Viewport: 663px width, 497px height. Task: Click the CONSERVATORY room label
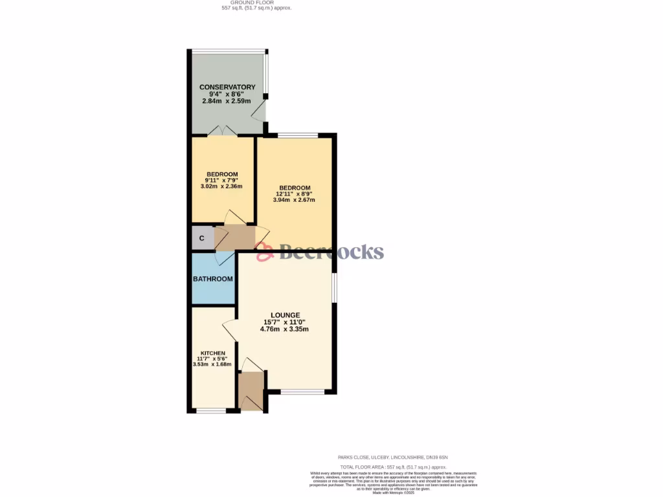227,87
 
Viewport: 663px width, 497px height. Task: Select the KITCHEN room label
212,353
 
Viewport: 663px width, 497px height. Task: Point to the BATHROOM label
213,279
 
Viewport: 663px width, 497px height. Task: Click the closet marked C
202,238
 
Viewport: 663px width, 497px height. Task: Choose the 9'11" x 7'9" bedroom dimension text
221,181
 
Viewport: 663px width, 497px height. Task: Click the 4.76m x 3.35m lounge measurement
284,329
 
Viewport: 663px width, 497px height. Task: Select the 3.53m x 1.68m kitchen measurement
212,364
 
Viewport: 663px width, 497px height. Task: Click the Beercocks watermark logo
320,252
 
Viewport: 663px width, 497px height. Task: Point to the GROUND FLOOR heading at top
256,3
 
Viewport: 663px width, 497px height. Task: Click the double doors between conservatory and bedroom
222,131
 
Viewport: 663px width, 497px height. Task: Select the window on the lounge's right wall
334,287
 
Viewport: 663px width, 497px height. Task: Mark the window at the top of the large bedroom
298,135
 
